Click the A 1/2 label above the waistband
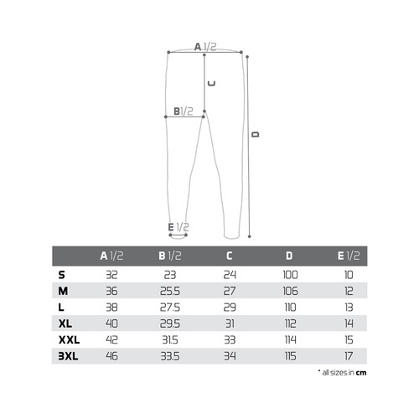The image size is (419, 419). tap(205, 47)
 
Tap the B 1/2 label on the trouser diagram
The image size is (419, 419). tap(184, 111)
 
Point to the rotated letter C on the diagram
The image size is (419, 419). tap(212, 83)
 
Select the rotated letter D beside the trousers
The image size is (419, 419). tap(256, 134)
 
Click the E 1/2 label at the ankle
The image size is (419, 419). tap(178, 227)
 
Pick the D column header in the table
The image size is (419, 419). tap(289, 256)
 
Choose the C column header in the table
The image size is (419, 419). tap(229, 256)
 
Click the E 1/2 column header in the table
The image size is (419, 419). tap(349, 256)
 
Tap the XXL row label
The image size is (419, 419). tap(70, 340)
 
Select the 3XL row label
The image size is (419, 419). tap(69, 356)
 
